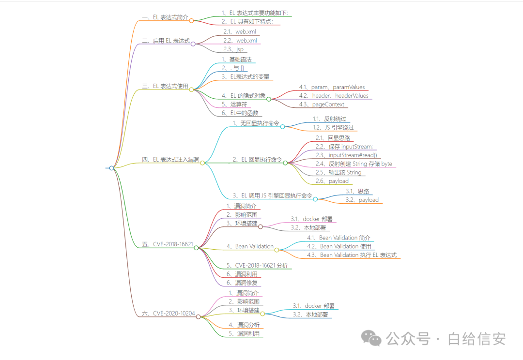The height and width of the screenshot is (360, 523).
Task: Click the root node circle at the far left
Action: (112, 168)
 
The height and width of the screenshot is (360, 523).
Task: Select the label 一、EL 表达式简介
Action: (165, 17)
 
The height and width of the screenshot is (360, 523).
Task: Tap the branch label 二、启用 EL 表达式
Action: (166, 41)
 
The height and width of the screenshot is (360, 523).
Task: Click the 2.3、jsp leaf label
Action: (233, 49)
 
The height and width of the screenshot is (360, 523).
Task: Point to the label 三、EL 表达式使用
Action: (165, 86)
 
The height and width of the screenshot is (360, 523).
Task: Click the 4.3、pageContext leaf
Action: (322, 105)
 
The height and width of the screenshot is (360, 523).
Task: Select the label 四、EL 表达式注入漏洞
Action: (170, 159)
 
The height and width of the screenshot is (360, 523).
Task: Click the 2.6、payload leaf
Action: (332, 181)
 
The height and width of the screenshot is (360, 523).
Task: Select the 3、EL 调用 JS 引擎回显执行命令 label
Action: (272, 195)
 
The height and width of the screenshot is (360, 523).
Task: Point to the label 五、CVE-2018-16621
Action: (168, 244)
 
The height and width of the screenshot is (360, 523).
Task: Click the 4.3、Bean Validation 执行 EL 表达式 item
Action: (358, 255)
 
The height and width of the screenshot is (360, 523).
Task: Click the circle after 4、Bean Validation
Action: (277, 250)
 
